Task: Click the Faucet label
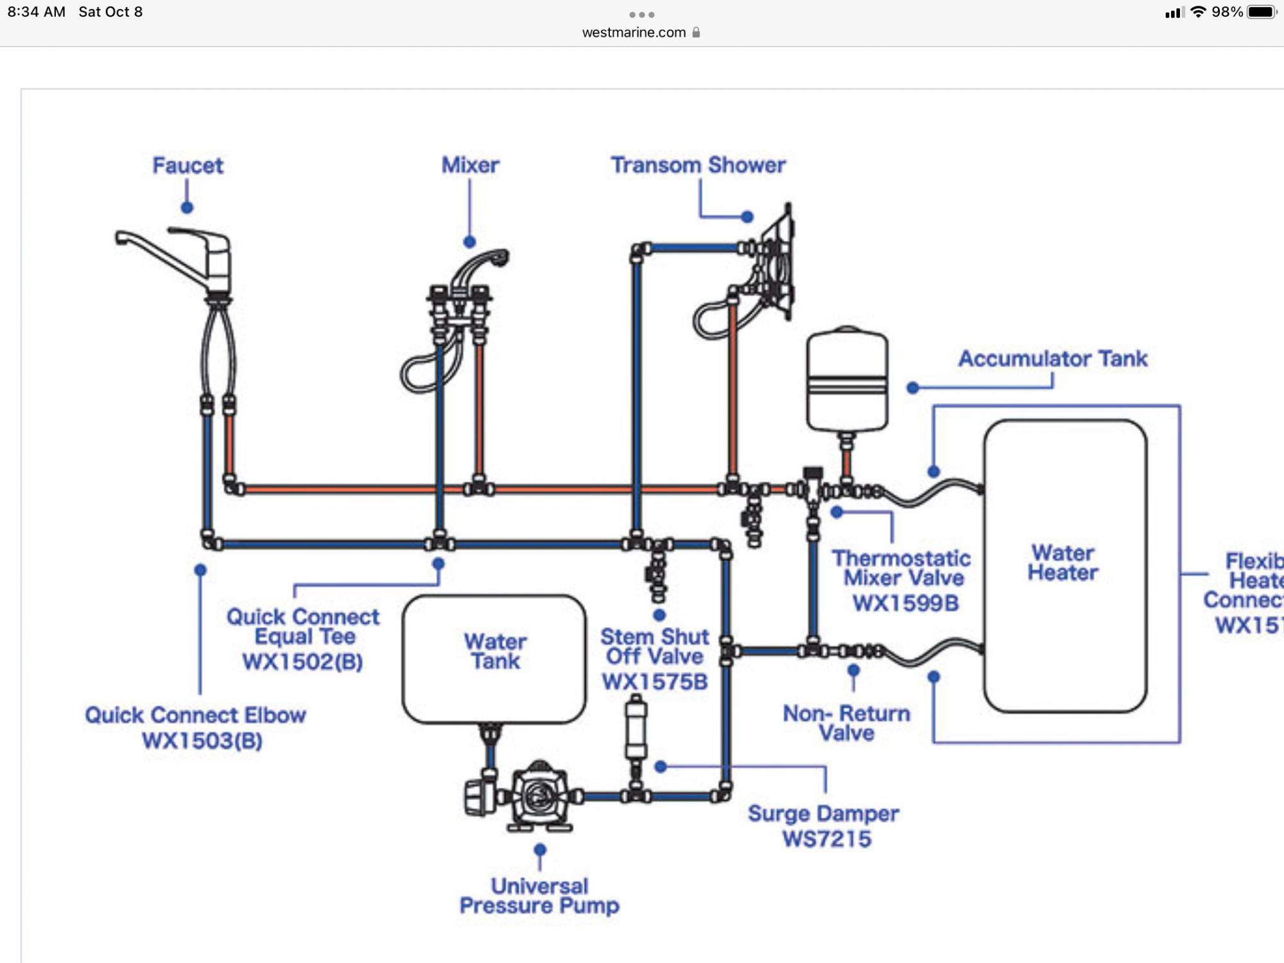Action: pyautogui.click(x=187, y=166)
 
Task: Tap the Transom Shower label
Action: pyautogui.click(x=698, y=165)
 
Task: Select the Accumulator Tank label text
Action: pyautogui.click(x=1053, y=358)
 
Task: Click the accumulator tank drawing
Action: pyautogui.click(x=847, y=380)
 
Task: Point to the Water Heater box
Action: pyautogui.click(x=1064, y=565)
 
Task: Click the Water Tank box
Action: pyautogui.click(x=494, y=659)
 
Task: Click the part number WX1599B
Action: pyautogui.click(x=905, y=603)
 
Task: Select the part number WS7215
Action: pyautogui.click(x=827, y=838)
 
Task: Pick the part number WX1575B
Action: pyautogui.click(x=655, y=682)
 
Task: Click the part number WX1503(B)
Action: pyautogui.click(x=202, y=741)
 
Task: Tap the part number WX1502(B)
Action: pyautogui.click(x=302, y=661)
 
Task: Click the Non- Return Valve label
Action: pyautogui.click(x=846, y=723)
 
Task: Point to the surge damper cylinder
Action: pyautogui.click(x=636, y=729)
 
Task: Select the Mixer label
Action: pyautogui.click(x=470, y=165)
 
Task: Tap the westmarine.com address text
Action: pyautogui.click(x=634, y=33)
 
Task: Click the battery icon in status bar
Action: pyautogui.click(x=1261, y=12)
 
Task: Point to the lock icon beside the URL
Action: pyautogui.click(x=696, y=33)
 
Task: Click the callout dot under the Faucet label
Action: pyautogui.click(x=187, y=207)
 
